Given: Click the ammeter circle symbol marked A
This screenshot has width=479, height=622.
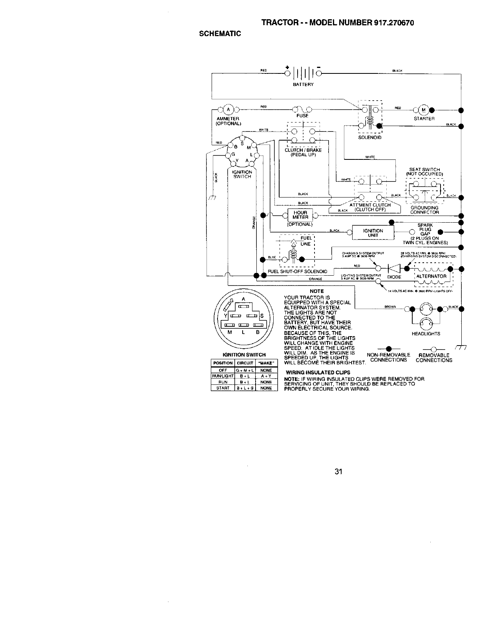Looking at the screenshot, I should click(x=229, y=109).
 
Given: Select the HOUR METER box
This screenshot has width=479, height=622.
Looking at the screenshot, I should click(x=300, y=215).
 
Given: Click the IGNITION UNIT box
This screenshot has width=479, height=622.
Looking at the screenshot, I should click(x=373, y=233).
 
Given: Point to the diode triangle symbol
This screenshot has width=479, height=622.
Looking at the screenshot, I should click(x=393, y=268).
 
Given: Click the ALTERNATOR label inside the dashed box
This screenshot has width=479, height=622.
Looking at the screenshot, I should click(x=431, y=276).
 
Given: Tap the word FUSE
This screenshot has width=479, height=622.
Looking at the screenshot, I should click(x=302, y=116).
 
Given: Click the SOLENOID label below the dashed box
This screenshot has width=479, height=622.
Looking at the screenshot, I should click(x=370, y=137).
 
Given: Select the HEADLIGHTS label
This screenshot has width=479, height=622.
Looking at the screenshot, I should click(x=426, y=334).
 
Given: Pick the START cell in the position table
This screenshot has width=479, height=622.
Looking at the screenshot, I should click(x=223, y=388).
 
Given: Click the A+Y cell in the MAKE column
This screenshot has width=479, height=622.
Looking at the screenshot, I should click(x=266, y=376).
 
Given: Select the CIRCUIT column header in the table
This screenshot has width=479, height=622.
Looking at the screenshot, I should click(x=245, y=363).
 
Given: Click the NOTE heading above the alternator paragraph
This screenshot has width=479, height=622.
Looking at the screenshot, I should click(x=316, y=291).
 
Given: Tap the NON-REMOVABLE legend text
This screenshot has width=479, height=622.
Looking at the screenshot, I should click(x=388, y=355).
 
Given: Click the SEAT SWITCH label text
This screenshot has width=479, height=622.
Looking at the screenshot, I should click(x=424, y=170).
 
